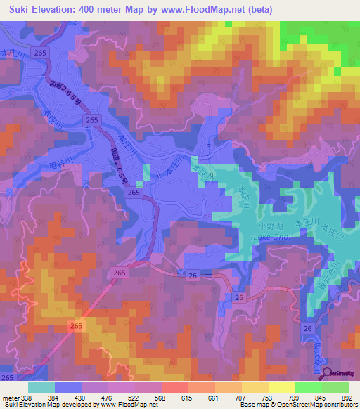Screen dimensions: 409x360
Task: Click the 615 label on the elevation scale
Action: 187,398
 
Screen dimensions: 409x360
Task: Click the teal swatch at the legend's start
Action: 41,387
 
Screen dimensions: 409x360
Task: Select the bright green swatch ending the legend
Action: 335,387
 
